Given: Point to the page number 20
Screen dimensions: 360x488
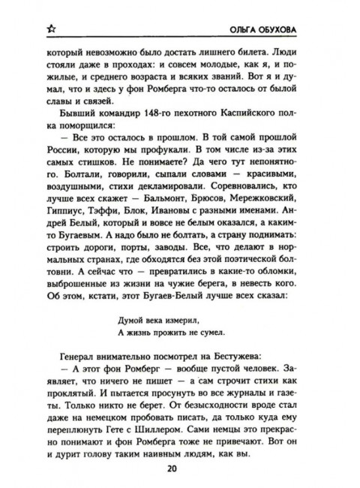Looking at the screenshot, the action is point(180,470).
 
